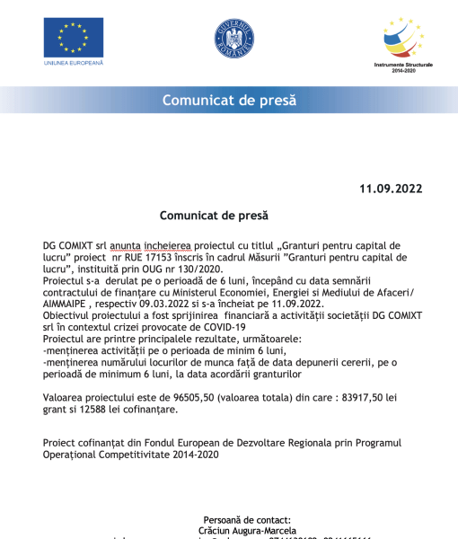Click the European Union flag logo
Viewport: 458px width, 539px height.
pos(73,37)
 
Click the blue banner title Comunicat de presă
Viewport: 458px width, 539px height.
pos(229,101)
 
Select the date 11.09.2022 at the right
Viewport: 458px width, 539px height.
pos(391,189)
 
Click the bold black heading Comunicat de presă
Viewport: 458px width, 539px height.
pos(214,216)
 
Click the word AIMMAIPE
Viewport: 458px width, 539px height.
pos(71,303)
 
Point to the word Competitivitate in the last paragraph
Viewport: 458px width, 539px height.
pos(134,455)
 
